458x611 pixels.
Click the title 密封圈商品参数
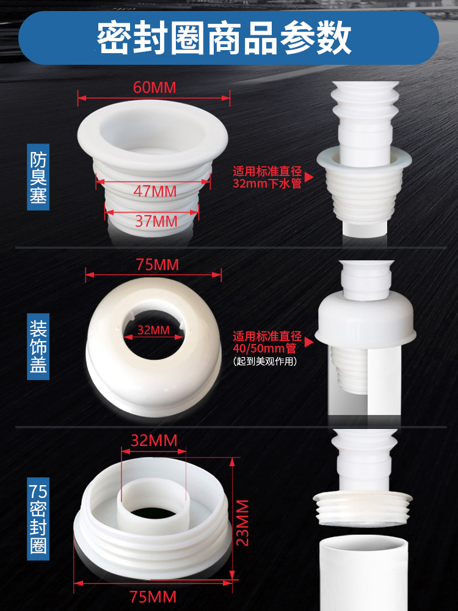[224, 38]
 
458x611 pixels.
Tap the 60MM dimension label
[154, 87]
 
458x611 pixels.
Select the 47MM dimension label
[155, 191]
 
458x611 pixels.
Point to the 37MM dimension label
[156, 221]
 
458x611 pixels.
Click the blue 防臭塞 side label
[38, 177]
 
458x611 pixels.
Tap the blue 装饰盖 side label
[38, 346]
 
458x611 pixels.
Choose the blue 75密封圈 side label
[38, 519]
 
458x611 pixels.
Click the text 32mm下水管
[267, 183]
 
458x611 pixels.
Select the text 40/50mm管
[264, 348]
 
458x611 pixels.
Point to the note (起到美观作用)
[265, 361]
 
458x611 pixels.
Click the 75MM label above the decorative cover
[158, 265]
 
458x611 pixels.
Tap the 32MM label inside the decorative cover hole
[153, 330]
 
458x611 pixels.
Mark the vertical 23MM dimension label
[242, 522]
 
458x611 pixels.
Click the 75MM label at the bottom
[153, 597]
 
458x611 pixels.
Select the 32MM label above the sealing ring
[154, 441]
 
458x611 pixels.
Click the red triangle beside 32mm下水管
[309, 177]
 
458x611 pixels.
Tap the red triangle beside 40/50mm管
[309, 342]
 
